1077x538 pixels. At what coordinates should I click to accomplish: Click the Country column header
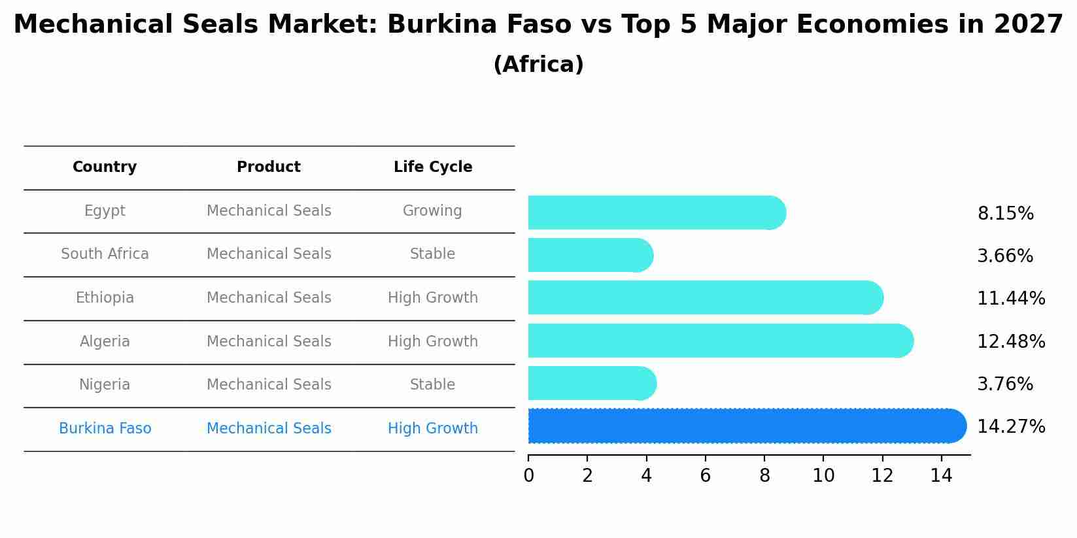pos(105,167)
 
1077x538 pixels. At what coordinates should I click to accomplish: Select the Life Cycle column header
pos(432,167)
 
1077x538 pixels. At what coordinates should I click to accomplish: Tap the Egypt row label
pos(105,211)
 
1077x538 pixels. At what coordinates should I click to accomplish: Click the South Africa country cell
pos(105,254)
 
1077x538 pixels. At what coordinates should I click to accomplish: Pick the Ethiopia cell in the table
pos(105,298)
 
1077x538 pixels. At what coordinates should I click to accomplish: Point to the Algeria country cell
pos(105,342)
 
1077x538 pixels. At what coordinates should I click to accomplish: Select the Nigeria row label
pos(105,385)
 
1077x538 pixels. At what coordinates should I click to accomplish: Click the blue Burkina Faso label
pos(105,429)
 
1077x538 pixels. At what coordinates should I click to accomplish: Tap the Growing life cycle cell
pos(432,211)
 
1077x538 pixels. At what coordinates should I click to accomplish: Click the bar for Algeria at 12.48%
pos(719,341)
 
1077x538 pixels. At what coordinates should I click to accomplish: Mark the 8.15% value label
pos(1005,214)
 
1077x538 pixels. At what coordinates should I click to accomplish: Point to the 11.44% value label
pos(1011,299)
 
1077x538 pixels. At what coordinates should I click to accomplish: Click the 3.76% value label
pos(1005,384)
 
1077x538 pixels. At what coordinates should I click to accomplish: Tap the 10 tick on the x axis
pos(823,476)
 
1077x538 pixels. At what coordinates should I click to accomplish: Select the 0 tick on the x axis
pos(528,476)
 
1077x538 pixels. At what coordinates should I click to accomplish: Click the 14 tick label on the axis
pos(941,476)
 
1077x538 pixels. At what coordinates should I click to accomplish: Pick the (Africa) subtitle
pos(538,65)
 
